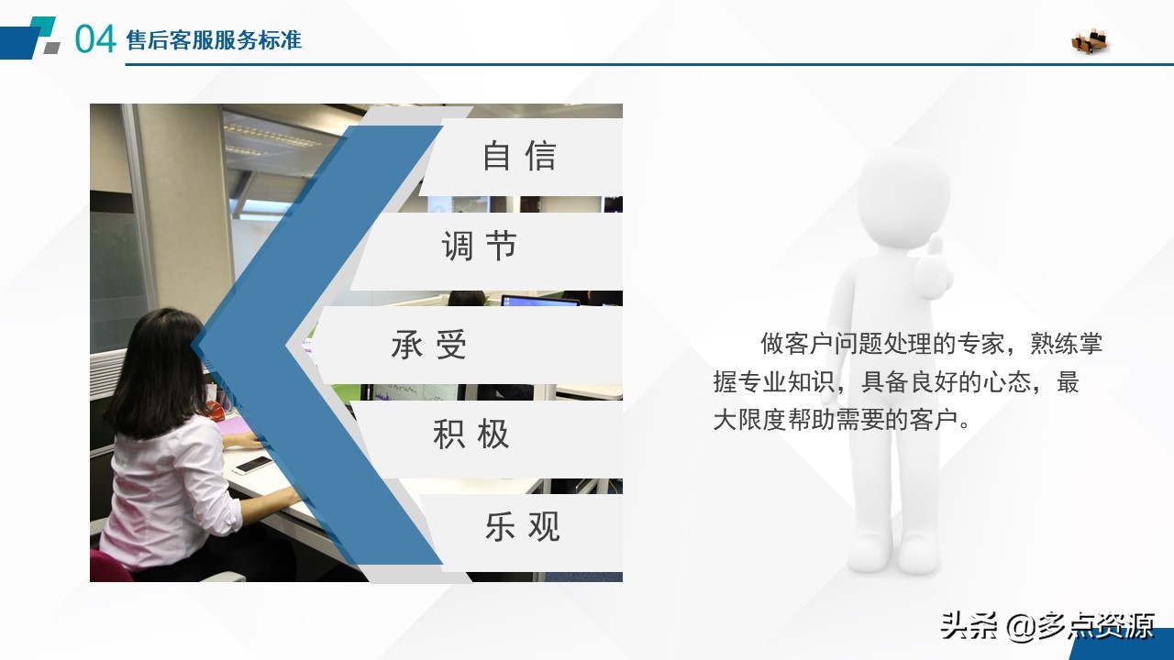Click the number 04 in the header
point(95,39)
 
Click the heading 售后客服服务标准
point(214,40)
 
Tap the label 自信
point(519,156)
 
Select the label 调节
point(480,247)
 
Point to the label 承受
point(429,346)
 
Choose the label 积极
point(471,434)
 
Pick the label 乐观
point(522,527)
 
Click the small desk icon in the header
point(1090,40)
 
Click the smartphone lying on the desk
point(252,464)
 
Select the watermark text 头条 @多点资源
point(1047,626)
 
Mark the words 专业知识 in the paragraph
point(786,382)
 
